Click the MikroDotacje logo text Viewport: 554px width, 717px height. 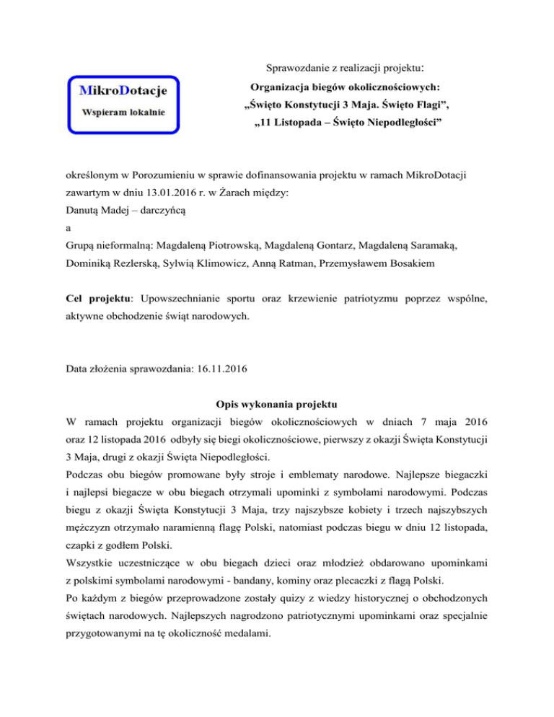click(123, 91)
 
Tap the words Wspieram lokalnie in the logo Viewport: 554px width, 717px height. click(123, 113)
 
